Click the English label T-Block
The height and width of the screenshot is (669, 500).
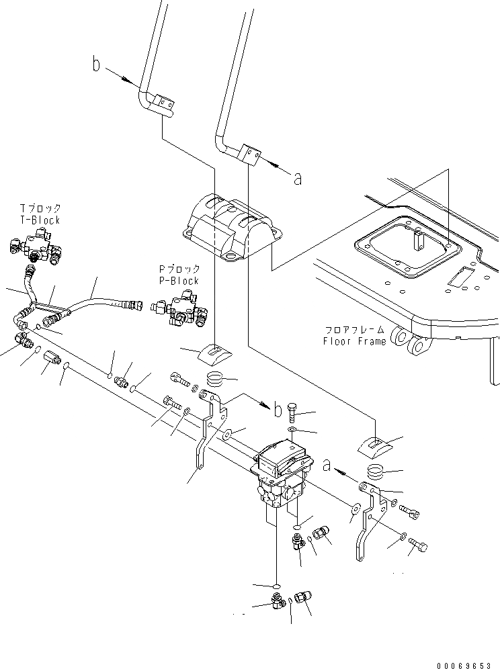(40, 220)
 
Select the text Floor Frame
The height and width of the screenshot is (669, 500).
(354, 341)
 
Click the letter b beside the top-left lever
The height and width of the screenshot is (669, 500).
(97, 64)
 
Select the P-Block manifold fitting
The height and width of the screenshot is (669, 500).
(180, 308)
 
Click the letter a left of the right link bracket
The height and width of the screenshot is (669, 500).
(327, 463)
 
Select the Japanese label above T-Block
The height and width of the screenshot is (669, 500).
(40, 209)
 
